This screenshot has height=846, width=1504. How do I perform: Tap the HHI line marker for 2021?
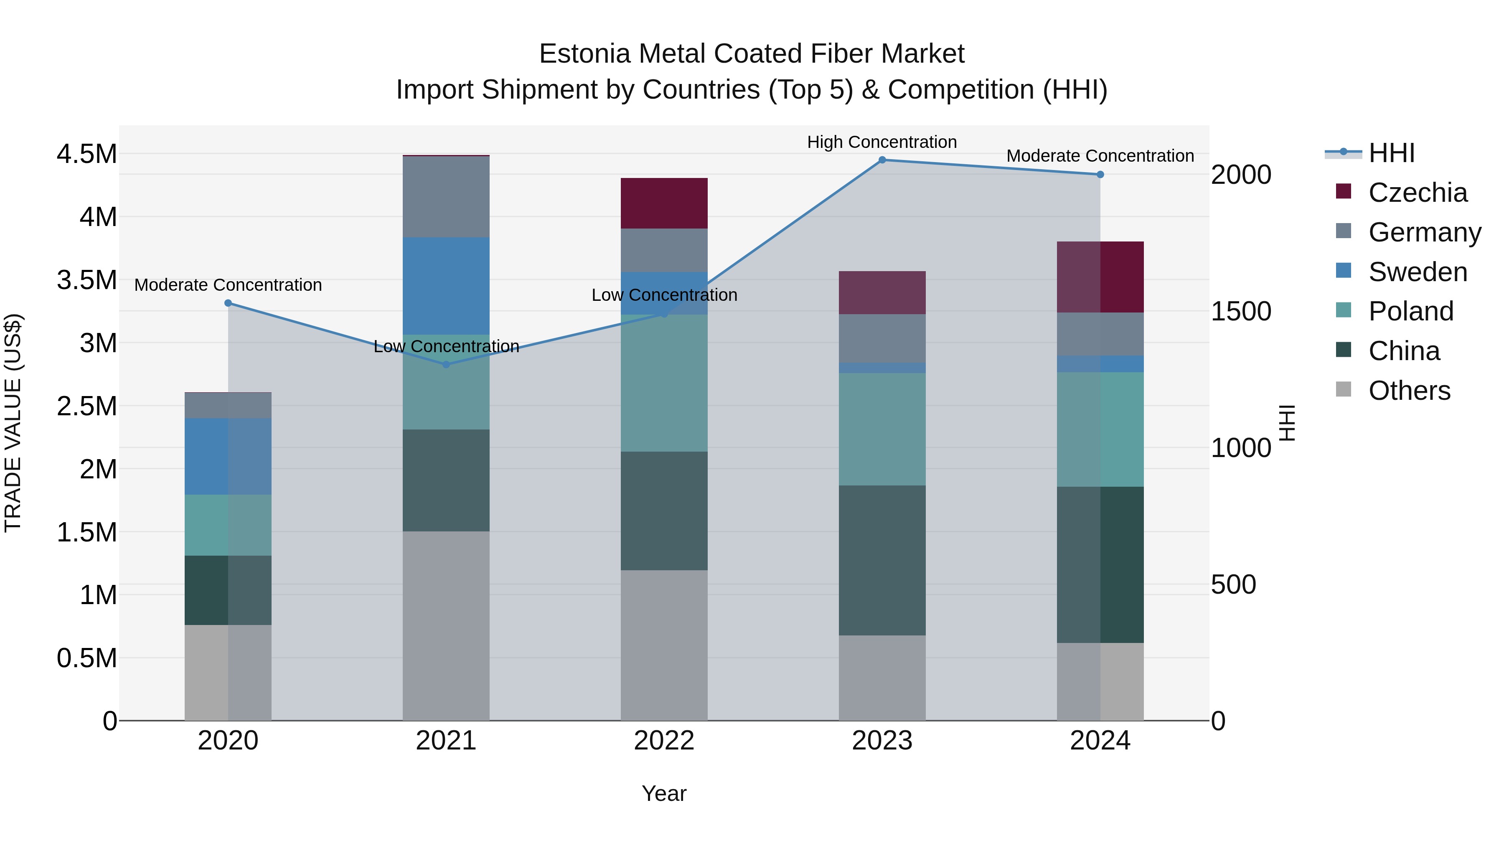[446, 364]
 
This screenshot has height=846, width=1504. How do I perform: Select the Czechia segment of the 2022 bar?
[664, 203]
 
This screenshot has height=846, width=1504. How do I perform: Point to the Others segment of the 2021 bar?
[446, 625]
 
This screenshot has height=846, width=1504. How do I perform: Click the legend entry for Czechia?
[1417, 193]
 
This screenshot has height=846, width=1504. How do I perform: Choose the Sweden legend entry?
[1417, 272]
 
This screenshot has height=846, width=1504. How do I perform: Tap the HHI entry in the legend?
[1391, 153]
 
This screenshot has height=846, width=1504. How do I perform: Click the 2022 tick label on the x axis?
[664, 740]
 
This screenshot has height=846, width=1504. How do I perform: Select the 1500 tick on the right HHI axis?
[1241, 311]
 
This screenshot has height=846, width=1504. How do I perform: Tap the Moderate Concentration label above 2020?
[228, 285]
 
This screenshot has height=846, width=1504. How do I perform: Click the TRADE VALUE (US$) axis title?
[13, 423]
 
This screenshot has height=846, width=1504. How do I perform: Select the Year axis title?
[664, 793]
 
